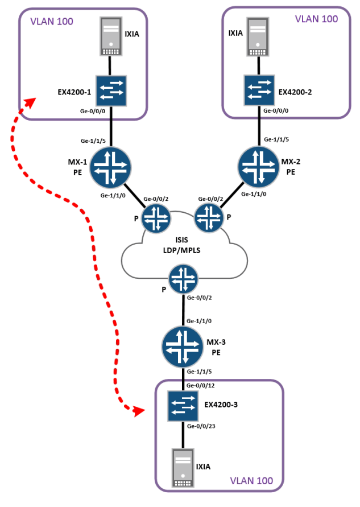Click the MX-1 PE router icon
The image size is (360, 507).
(110, 167)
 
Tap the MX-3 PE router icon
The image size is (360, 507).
(183, 345)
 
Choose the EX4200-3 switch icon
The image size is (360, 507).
(183, 407)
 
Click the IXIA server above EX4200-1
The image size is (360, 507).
(111, 36)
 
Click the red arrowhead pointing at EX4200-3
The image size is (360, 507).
(139, 411)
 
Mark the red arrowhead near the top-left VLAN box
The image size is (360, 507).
(30, 103)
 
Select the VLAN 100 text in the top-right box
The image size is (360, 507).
(316, 19)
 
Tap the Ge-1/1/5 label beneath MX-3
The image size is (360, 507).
(201, 372)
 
